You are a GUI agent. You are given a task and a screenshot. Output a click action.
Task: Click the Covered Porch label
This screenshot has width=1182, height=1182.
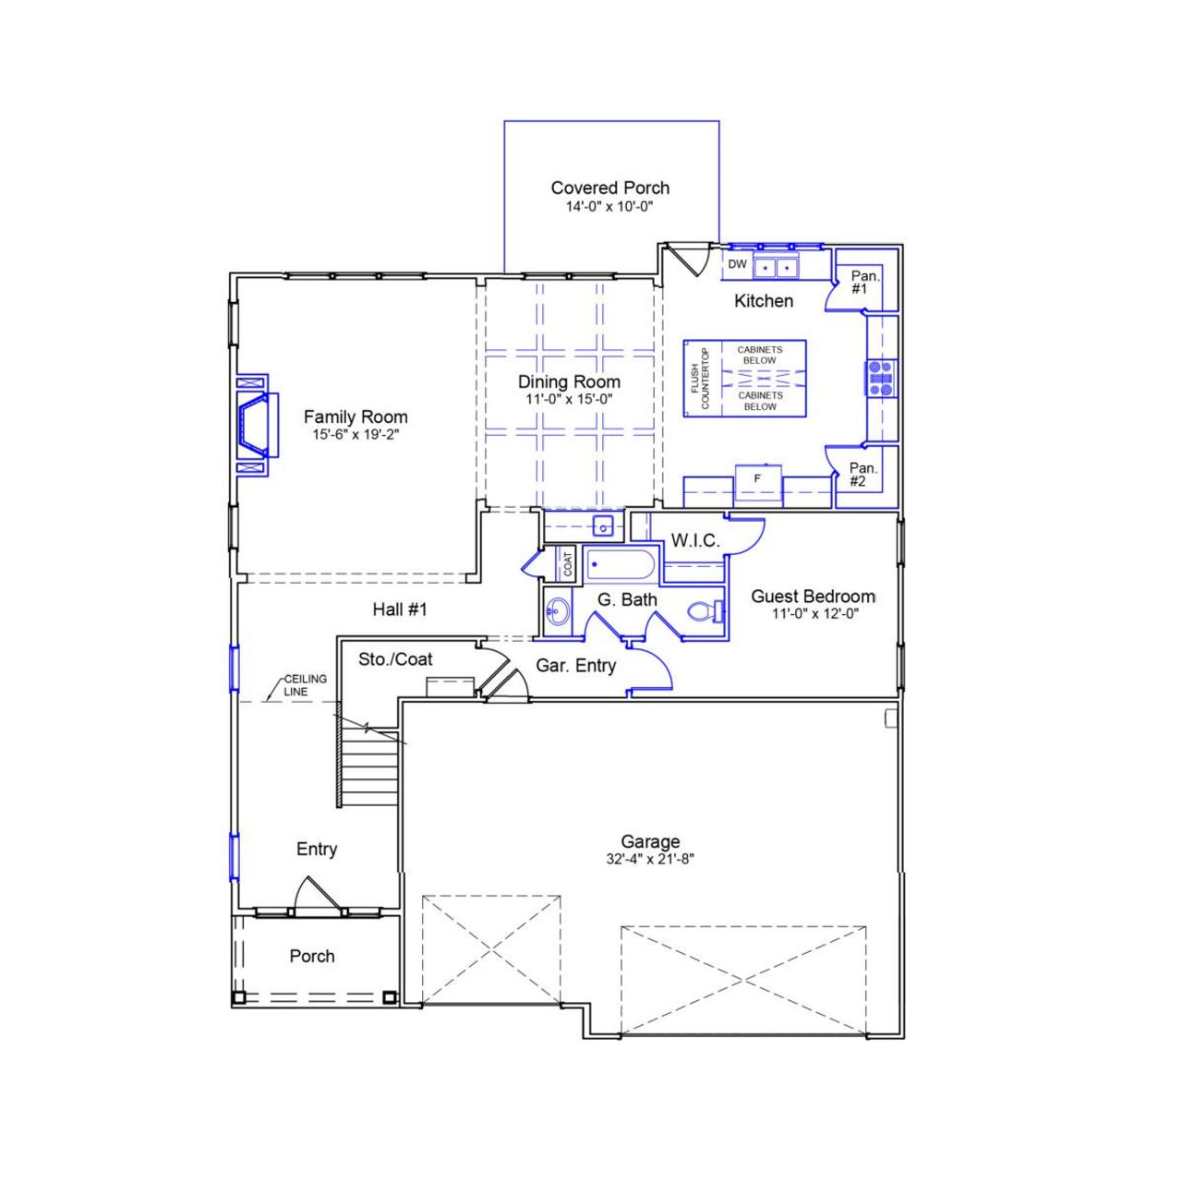pos(609,187)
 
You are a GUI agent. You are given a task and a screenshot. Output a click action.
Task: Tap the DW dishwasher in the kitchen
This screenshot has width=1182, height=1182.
pos(737,264)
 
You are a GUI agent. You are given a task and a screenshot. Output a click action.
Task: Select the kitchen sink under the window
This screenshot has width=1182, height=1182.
pos(776,268)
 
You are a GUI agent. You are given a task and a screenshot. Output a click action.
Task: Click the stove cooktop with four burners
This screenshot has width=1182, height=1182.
pos(881,379)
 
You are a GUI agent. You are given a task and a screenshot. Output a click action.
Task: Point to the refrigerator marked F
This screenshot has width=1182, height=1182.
pos(758,480)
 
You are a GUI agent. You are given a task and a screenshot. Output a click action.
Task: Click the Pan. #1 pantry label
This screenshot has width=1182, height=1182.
pos(864,283)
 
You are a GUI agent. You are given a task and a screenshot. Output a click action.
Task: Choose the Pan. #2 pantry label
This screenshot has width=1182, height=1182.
pos(862,475)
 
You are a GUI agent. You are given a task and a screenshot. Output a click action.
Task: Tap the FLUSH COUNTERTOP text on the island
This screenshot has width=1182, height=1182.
pos(700,379)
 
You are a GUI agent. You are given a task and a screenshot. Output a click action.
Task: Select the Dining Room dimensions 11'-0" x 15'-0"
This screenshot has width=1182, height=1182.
pos(569,400)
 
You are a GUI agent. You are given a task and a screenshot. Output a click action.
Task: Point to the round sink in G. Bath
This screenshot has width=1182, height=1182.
pos(557,610)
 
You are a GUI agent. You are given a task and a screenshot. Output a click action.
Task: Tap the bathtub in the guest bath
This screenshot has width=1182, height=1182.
pos(621,565)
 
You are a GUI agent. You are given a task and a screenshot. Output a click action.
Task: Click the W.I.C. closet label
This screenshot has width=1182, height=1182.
pos(694,541)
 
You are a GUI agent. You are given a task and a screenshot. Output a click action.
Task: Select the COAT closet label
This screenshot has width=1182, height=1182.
pos(568,564)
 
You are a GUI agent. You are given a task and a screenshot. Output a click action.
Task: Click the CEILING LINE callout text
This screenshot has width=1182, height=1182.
pos(305,685)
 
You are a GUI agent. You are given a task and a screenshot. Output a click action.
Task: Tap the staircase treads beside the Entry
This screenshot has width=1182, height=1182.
pos(369,766)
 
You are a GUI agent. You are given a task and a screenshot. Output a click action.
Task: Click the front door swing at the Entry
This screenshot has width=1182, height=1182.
pos(312,894)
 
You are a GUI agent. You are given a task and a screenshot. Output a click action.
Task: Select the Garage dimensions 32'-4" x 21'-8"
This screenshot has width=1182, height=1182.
pos(650,859)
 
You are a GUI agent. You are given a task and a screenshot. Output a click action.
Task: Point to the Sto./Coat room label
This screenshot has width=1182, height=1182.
pos(395,659)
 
